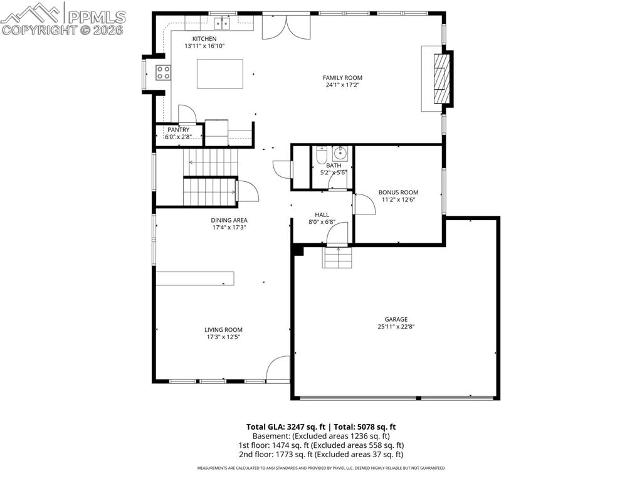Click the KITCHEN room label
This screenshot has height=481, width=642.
(x=200, y=39)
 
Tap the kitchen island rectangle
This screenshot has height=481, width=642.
(x=219, y=74)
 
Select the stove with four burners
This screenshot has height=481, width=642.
(x=163, y=73)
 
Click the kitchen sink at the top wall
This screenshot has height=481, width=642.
(x=222, y=24)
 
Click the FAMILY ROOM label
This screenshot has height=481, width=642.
(x=342, y=78)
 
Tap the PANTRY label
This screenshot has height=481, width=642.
(x=178, y=130)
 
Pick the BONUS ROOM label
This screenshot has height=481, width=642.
(x=398, y=193)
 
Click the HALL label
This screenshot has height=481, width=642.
(x=322, y=214)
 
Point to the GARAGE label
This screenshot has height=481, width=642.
(x=396, y=319)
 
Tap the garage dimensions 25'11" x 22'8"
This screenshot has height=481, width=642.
(x=396, y=327)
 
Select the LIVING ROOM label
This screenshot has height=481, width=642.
(x=223, y=330)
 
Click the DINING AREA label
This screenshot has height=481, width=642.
(x=229, y=220)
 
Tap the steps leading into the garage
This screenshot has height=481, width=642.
(x=337, y=257)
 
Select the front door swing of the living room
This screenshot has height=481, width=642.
(x=279, y=369)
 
